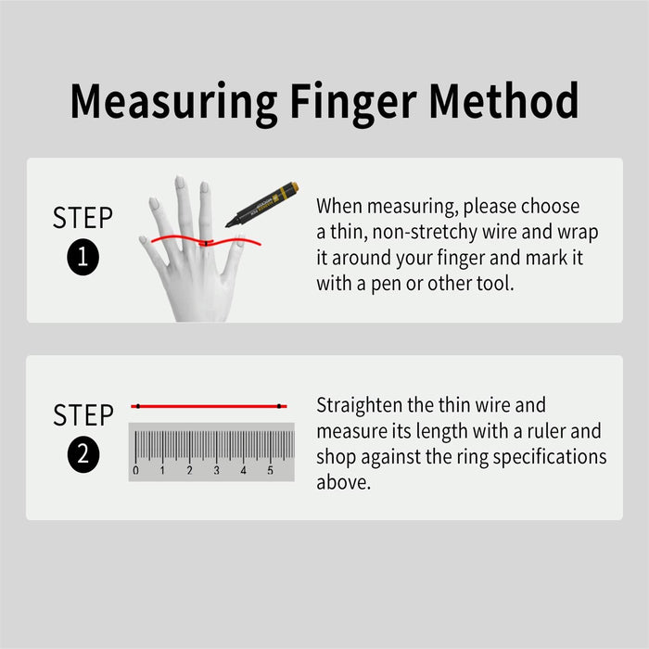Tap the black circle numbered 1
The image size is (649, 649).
tap(83, 259)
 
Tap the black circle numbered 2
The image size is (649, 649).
tap(83, 455)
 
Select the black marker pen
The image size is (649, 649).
tap(263, 204)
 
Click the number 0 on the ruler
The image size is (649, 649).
tap(135, 471)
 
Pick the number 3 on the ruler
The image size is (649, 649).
tap(216, 471)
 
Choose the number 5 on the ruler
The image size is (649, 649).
tap(270, 471)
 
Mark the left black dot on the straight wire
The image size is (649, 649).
tap(137, 406)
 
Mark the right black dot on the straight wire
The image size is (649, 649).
tap(279, 406)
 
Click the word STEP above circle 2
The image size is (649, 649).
tap(83, 414)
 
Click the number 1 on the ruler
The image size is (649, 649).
tap(162, 471)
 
